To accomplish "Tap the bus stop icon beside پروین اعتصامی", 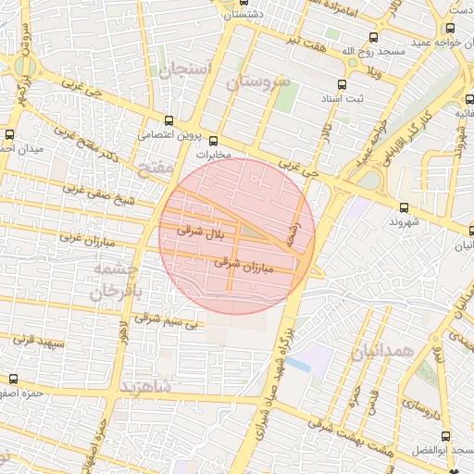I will pyautogui.click(x=168, y=119).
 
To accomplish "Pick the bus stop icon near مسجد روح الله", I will pyautogui.click(x=373, y=38).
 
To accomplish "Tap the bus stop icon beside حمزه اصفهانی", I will pyautogui.click(x=13, y=379).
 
